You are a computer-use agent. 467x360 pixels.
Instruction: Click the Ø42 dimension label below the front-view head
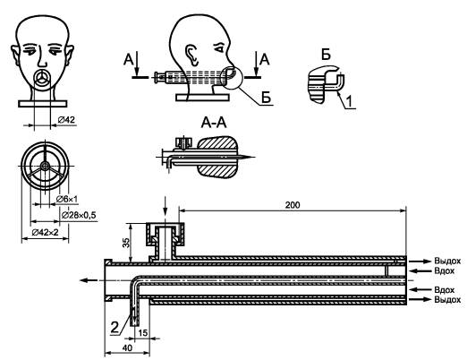pos(66,120)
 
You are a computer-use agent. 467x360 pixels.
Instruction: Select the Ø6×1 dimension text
pos(67,199)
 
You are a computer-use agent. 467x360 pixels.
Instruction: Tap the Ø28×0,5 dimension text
pos(79,215)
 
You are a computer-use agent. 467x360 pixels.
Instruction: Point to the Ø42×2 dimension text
pos(45,232)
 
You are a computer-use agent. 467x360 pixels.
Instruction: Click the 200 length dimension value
pos(293,205)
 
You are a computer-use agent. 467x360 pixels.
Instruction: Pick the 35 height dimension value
pos(126,243)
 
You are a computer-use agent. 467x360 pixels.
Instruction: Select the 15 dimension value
pos(143,332)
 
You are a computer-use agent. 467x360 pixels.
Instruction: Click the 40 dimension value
pos(127,348)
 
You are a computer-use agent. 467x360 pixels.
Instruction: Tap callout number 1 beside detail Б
pos(350,101)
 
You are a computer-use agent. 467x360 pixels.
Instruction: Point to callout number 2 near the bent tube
pos(115,327)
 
